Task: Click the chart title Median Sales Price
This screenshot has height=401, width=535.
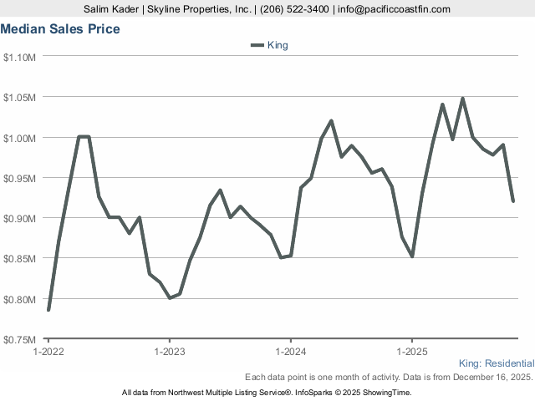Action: pyautogui.click(x=60, y=29)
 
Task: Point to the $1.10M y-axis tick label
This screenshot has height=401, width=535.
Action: pyautogui.click(x=19, y=57)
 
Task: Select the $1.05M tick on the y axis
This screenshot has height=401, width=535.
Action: pyautogui.click(x=19, y=97)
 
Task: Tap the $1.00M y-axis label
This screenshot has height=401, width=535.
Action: pyautogui.click(x=19, y=137)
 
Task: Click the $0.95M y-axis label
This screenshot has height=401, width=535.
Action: pyautogui.click(x=19, y=178)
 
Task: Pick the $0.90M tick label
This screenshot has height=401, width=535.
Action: pyautogui.click(x=19, y=218)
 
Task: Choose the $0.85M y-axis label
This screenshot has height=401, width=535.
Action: pyautogui.click(x=19, y=258)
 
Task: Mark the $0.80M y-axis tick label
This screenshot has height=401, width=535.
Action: pyautogui.click(x=19, y=299)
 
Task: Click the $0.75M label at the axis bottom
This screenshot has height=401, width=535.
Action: pyautogui.click(x=19, y=339)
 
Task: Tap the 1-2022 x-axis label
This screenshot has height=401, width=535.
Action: pyautogui.click(x=48, y=351)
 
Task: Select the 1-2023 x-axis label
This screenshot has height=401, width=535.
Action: pyautogui.click(x=170, y=351)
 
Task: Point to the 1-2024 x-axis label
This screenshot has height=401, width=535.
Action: pyautogui.click(x=290, y=351)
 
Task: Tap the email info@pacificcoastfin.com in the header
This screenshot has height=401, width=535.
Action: pyautogui.click(x=394, y=9)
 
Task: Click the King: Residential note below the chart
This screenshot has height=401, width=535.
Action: pyautogui.click(x=497, y=363)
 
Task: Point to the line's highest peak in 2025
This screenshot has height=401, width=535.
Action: pyautogui.click(x=462, y=99)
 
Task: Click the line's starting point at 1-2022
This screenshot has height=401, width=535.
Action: pyautogui.click(x=48, y=310)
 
